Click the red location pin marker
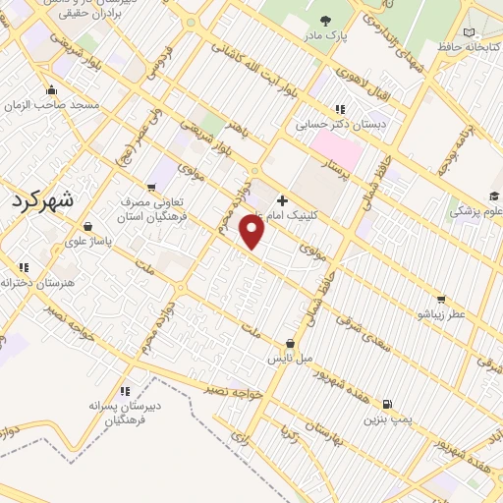pyautogui.click(x=253, y=232)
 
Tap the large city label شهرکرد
pyautogui.click(x=38, y=203)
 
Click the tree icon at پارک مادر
pyautogui.click(x=325, y=22)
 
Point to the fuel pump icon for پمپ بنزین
pyautogui.click(x=388, y=403)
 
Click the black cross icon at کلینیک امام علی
pyautogui.click(x=282, y=199)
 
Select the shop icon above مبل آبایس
pyautogui.click(x=290, y=344)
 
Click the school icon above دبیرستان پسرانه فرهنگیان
pyautogui.click(x=124, y=391)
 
